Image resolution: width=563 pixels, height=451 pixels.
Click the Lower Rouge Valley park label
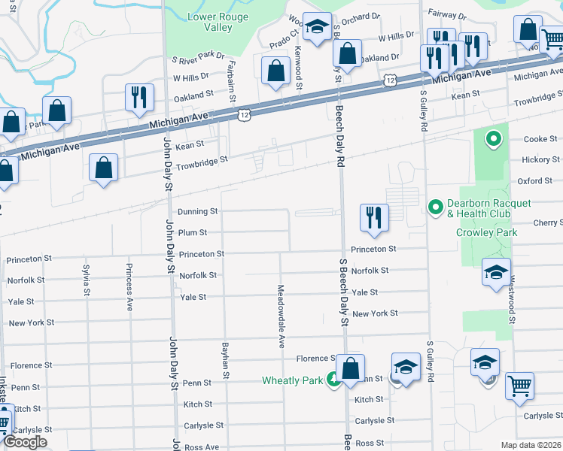[x=208, y=21]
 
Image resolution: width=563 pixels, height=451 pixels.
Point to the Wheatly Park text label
[x=292, y=380]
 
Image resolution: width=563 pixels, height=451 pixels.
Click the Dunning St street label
[x=197, y=212]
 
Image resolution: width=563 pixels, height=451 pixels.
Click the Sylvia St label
[x=87, y=279]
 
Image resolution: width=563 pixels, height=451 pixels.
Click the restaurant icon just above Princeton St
[x=374, y=217]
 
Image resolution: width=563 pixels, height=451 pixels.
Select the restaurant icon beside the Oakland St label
[x=139, y=98]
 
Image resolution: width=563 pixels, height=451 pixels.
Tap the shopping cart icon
[x=519, y=386]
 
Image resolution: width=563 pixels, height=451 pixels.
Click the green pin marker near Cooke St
[x=494, y=138]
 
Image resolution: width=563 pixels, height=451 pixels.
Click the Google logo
[x=25, y=442]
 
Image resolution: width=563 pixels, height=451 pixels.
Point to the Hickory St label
[x=541, y=160]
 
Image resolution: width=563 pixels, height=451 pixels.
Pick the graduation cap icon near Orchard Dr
[x=318, y=28]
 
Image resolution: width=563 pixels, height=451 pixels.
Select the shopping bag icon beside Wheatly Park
[x=350, y=369]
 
